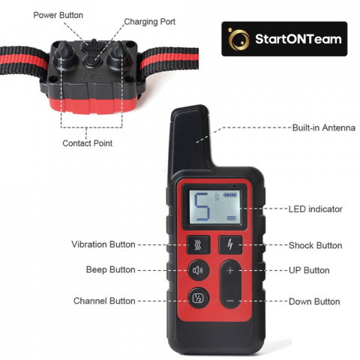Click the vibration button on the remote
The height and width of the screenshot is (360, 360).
pos(198,245)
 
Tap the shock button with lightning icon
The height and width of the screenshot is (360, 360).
pos(230,244)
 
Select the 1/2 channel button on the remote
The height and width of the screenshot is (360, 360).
pos(198,298)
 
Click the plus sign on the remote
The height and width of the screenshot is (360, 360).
pos(230,270)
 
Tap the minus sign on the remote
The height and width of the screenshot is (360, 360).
pos(230,301)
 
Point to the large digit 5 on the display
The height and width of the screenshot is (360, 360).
pos(201,207)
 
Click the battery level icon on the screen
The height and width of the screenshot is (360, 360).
pos(230,194)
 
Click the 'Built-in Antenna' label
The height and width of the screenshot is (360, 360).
pos(324,127)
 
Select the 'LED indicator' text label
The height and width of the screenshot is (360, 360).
pos(316,209)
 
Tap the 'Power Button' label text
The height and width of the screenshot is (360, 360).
pos(58,15)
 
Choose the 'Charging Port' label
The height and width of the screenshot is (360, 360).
pos(150,22)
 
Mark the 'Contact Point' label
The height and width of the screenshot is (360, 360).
pos(88,143)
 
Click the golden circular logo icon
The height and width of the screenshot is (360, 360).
pos(238,39)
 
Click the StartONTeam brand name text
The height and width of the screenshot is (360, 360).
pos(298,39)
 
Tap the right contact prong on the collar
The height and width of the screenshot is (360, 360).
pos(118,53)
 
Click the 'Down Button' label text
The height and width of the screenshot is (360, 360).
pos(314,301)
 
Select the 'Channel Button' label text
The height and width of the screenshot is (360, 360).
pos(104,301)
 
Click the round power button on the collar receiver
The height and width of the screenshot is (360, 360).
pos(91,61)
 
